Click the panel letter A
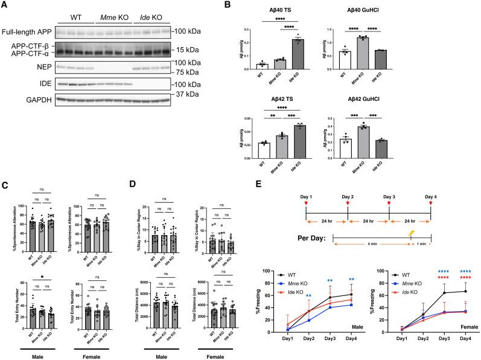(5, 5)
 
